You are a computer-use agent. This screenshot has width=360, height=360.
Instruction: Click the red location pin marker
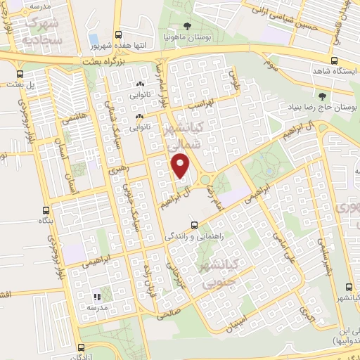(181, 167)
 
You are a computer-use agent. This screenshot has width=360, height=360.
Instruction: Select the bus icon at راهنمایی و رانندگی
(194, 226)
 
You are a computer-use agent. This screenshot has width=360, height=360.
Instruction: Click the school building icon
(96, 298)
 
